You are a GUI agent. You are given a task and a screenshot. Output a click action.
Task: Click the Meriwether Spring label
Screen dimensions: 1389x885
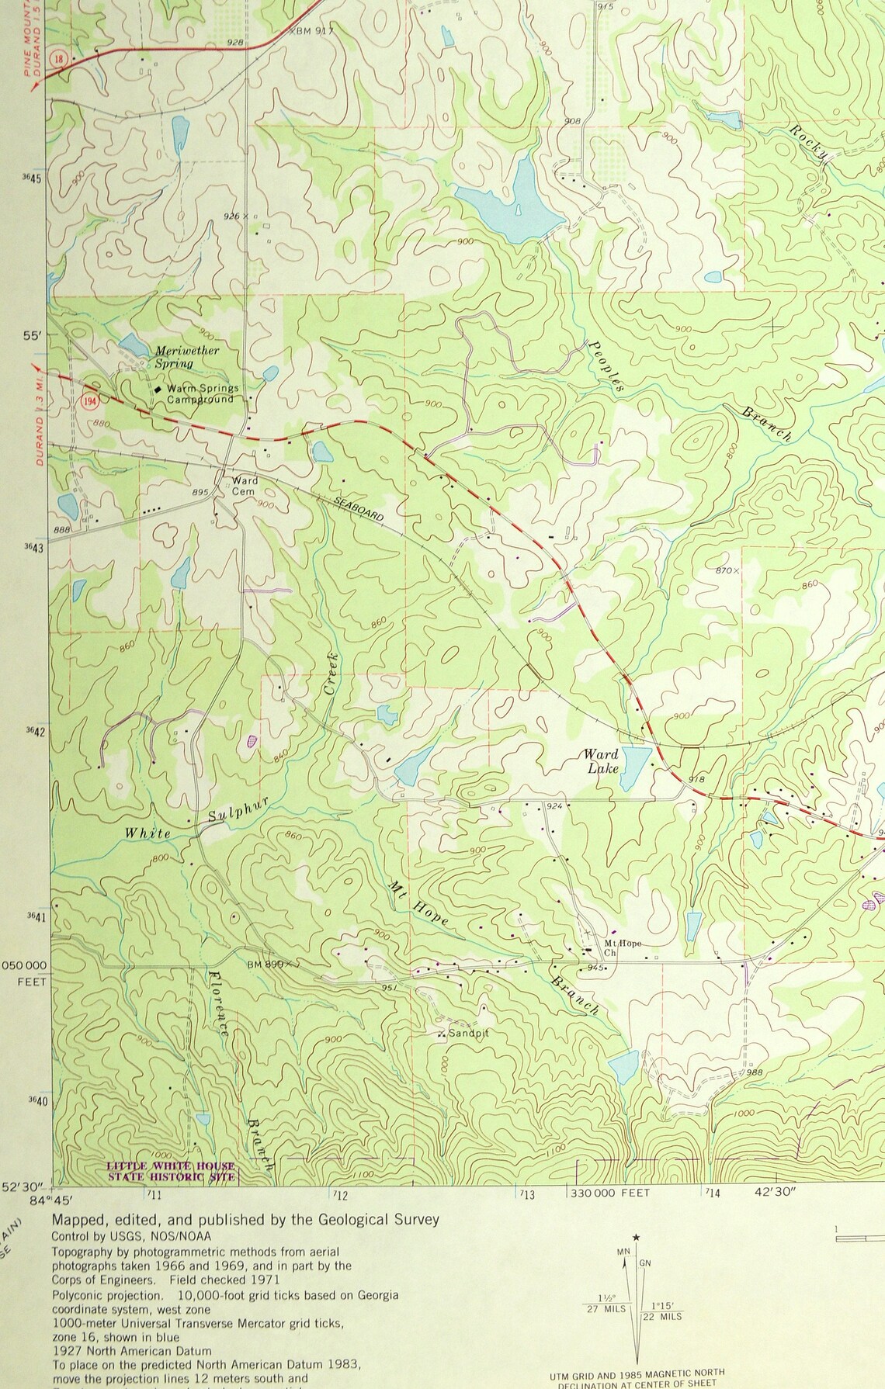coord(186,356)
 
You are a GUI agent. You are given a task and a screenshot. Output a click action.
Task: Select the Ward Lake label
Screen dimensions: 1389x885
coord(601,760)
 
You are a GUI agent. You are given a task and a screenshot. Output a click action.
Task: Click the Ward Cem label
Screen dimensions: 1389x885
coord(245,486)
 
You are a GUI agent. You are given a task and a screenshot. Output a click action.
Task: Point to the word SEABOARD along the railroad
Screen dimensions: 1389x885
coord(359,507)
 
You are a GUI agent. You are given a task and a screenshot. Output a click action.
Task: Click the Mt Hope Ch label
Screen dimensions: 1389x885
coord(623,947)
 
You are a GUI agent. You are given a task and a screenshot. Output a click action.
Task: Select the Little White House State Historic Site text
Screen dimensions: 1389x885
coord(171,1172)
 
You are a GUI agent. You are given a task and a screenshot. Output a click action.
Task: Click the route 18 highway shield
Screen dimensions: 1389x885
coord(59,60)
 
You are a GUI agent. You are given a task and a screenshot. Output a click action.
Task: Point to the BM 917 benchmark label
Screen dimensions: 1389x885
coord(314,32)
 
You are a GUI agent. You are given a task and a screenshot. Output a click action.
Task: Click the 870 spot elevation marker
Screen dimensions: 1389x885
coord(728,570)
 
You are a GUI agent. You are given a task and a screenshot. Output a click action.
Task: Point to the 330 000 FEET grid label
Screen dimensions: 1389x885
coord(609,1193)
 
